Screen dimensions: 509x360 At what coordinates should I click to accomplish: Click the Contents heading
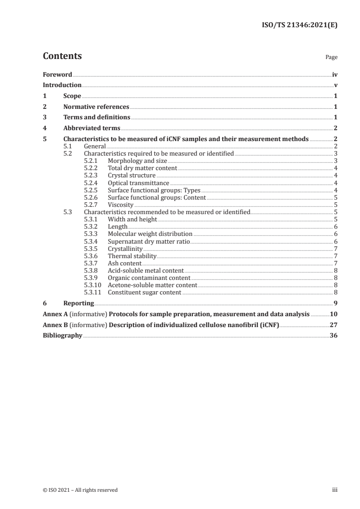62,57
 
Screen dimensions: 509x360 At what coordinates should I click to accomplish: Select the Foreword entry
57,74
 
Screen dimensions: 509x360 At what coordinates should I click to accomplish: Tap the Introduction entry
62,85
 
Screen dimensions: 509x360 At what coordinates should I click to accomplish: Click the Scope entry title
72,96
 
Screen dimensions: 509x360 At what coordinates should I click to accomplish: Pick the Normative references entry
96,107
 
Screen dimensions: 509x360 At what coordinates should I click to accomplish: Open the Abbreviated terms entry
92,128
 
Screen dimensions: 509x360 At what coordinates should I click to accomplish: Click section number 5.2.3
92,175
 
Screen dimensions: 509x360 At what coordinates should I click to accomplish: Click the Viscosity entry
120,205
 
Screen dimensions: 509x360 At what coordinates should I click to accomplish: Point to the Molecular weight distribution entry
150,234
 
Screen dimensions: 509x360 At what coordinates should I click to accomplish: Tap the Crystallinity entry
125,249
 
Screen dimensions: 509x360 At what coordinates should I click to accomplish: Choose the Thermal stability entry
132,256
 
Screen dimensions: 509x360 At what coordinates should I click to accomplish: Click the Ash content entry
124,263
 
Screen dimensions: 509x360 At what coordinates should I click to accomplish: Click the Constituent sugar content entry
144,292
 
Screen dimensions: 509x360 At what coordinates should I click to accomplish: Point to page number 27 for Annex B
333,325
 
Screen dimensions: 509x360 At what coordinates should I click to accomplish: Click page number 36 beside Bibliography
333,336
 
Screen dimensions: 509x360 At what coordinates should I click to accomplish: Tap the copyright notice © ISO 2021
80,490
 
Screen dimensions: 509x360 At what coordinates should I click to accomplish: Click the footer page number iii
335,490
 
